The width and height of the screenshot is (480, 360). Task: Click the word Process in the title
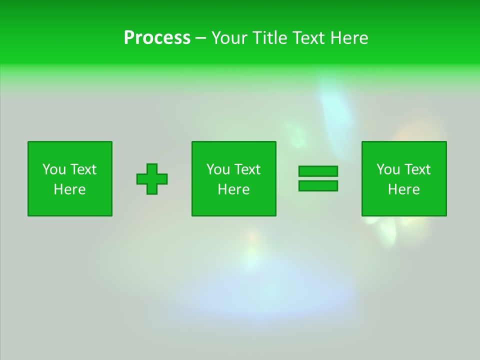(x=157, y=37)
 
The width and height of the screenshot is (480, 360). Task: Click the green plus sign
(x=152, y=179)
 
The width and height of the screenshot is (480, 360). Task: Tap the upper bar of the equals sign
(x=318, y=171)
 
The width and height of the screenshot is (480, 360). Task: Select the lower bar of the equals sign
(x=318, y=185)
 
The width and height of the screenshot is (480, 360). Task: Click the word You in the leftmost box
(x=54, y=169)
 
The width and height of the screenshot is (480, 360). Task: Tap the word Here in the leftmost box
(x=69, y=189)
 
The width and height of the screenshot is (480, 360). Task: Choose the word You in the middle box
(x=218, y=169)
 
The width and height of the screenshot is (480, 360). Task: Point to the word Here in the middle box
(x=233, y=189)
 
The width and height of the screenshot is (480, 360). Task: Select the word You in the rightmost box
(x=388, y=169)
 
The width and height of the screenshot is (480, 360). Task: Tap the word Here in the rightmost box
(x=403, y=189)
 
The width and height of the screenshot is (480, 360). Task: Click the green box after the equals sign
(x=404, y=205)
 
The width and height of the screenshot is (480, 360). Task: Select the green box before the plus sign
(x=70, y=205)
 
